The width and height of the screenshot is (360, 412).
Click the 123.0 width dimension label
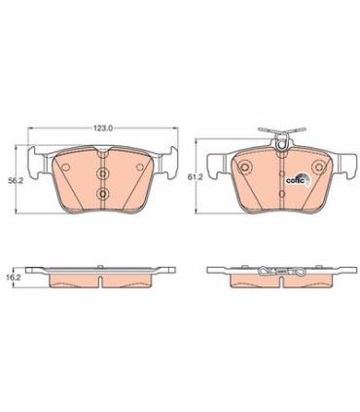pos(103,129)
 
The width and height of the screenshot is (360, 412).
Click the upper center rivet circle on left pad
pos(102,174)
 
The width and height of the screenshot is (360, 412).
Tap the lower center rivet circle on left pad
pos(102,194)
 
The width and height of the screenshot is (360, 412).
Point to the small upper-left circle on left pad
pos(65,167)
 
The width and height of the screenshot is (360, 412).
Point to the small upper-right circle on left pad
pos(140,167)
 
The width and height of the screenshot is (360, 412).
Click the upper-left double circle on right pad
pos(244,167)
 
